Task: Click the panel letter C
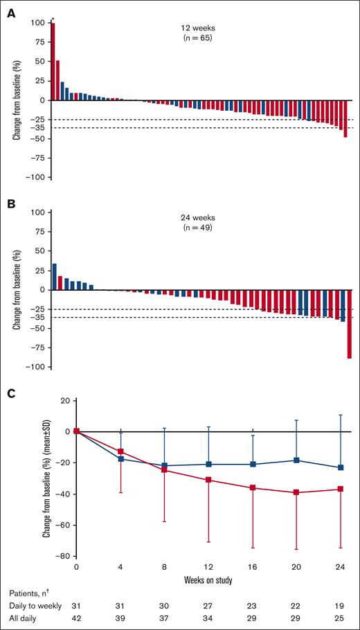pos(11,394)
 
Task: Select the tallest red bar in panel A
pos(53,62)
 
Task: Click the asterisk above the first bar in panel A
pos(53,21)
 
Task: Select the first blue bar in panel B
pos(55,277)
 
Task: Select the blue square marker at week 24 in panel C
pos(341,467)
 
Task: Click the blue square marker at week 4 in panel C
pos(122,459)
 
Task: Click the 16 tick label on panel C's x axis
pos(253,566)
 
